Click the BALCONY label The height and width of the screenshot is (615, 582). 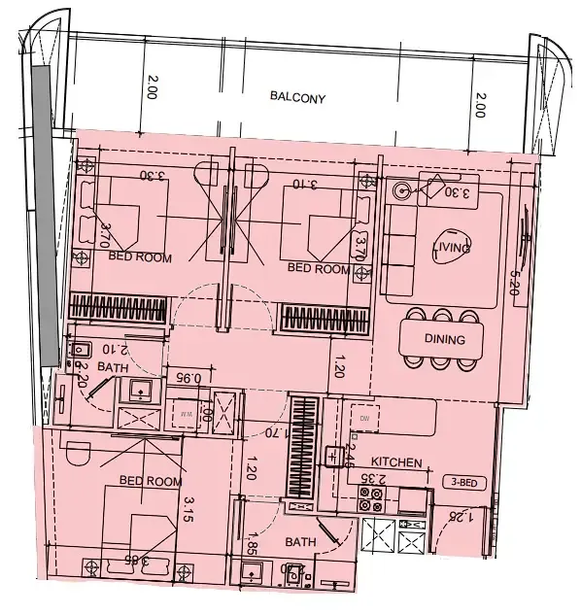(298, 98)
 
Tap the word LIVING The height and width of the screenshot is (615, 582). (452, 249)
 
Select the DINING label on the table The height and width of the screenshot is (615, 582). (444, 340)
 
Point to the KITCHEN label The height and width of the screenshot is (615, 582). (396, 463)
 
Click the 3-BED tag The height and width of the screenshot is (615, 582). (462, 482)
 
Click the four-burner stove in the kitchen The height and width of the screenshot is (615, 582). (371, 499)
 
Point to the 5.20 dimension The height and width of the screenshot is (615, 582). (515, 282)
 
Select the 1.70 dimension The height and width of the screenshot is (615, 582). (276, 432)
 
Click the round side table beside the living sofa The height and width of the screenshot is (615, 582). (399, 191)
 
